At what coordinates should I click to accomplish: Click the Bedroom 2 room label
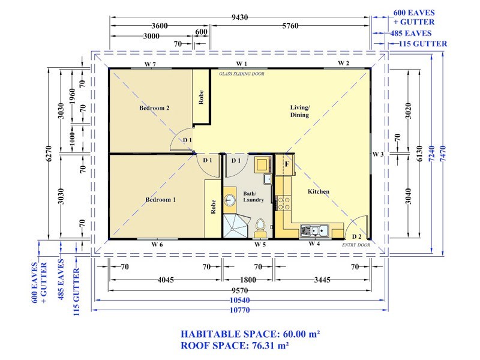coord(154,108)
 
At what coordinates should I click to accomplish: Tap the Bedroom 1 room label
coord(160,200)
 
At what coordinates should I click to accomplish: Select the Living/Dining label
coord(299,111)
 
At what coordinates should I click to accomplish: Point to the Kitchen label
coord(319,191)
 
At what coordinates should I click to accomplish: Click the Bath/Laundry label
coord(253,197)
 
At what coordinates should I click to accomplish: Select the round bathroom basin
coord(229,200)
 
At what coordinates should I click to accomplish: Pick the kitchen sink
coord(314,230)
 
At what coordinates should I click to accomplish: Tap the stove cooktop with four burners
coord(283,203)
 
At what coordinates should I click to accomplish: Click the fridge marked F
coord(284,164)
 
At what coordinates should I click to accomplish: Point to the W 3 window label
coord(378,154)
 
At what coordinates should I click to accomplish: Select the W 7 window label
coord(150,64)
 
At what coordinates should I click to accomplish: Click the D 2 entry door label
coord(356,236)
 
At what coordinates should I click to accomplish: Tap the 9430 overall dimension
coord(239,17)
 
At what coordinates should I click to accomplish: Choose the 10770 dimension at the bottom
coord(239,310)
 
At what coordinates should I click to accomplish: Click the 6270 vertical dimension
coord(49,154)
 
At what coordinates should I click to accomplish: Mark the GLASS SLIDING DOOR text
coord(242,74)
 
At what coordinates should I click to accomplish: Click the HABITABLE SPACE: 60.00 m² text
coord(250,334)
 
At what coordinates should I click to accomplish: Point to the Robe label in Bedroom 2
coord(201,97)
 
